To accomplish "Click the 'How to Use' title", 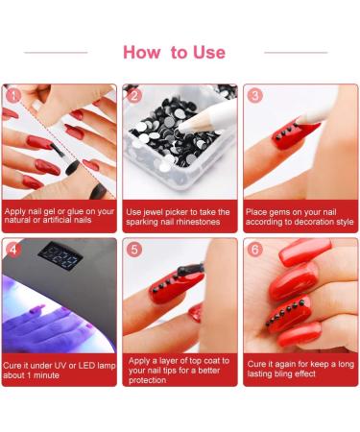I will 174,52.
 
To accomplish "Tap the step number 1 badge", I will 13,95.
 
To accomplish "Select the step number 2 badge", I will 134,95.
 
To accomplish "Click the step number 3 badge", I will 254,95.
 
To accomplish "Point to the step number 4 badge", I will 13,250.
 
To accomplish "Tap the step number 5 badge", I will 134,250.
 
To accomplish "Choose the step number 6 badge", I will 254,250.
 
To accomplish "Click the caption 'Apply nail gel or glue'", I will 59,217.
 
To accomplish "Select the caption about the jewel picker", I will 179,217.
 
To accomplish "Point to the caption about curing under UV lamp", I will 59,370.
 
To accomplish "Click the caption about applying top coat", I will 179,370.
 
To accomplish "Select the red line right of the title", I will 296,52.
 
